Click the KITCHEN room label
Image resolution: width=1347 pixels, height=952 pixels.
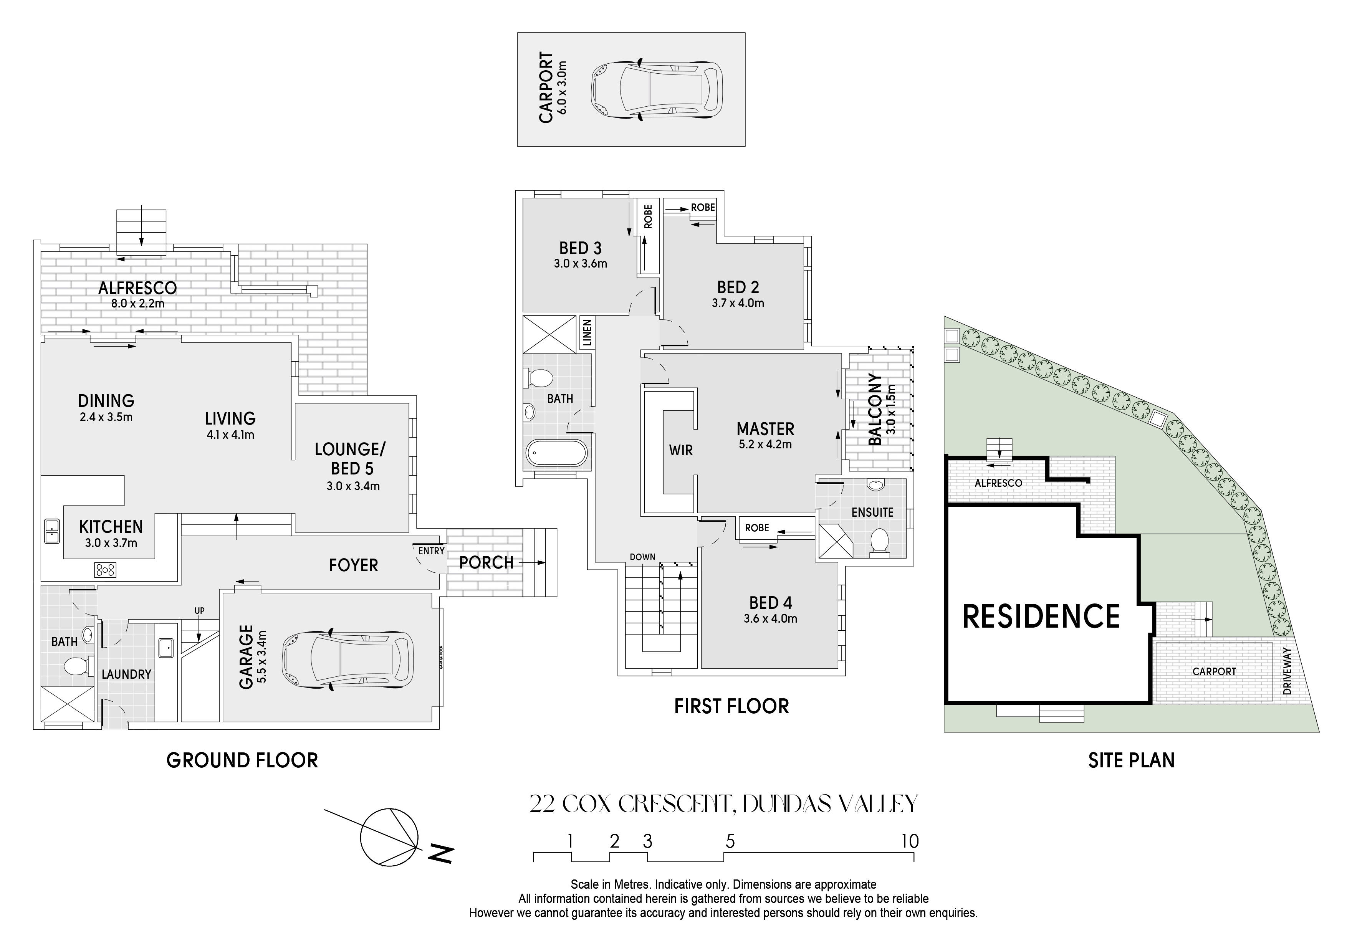(111, 527)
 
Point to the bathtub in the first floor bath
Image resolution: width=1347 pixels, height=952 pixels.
(556, 453)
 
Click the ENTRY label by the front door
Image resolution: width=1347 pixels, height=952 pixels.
(431, 551)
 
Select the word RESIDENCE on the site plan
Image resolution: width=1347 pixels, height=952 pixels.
(1041, 616)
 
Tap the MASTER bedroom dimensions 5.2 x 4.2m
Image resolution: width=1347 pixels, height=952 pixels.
(765, 445)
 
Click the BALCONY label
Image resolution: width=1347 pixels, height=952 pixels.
(875, 410)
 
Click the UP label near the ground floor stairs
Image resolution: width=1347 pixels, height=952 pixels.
(199, 611)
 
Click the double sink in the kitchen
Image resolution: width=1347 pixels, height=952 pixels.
(51, 531)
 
